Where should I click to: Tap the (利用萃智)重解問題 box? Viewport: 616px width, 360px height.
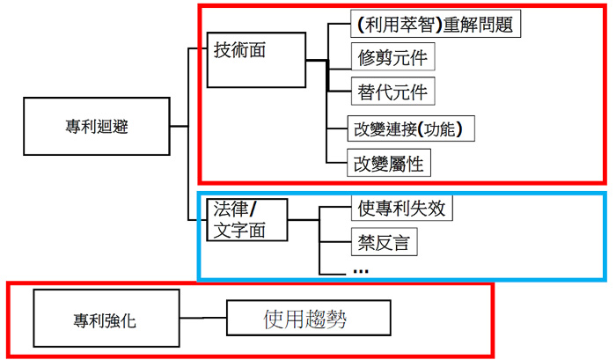436,24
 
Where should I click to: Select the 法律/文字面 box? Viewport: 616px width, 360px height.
249,219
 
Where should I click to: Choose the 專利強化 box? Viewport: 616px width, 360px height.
104,319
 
